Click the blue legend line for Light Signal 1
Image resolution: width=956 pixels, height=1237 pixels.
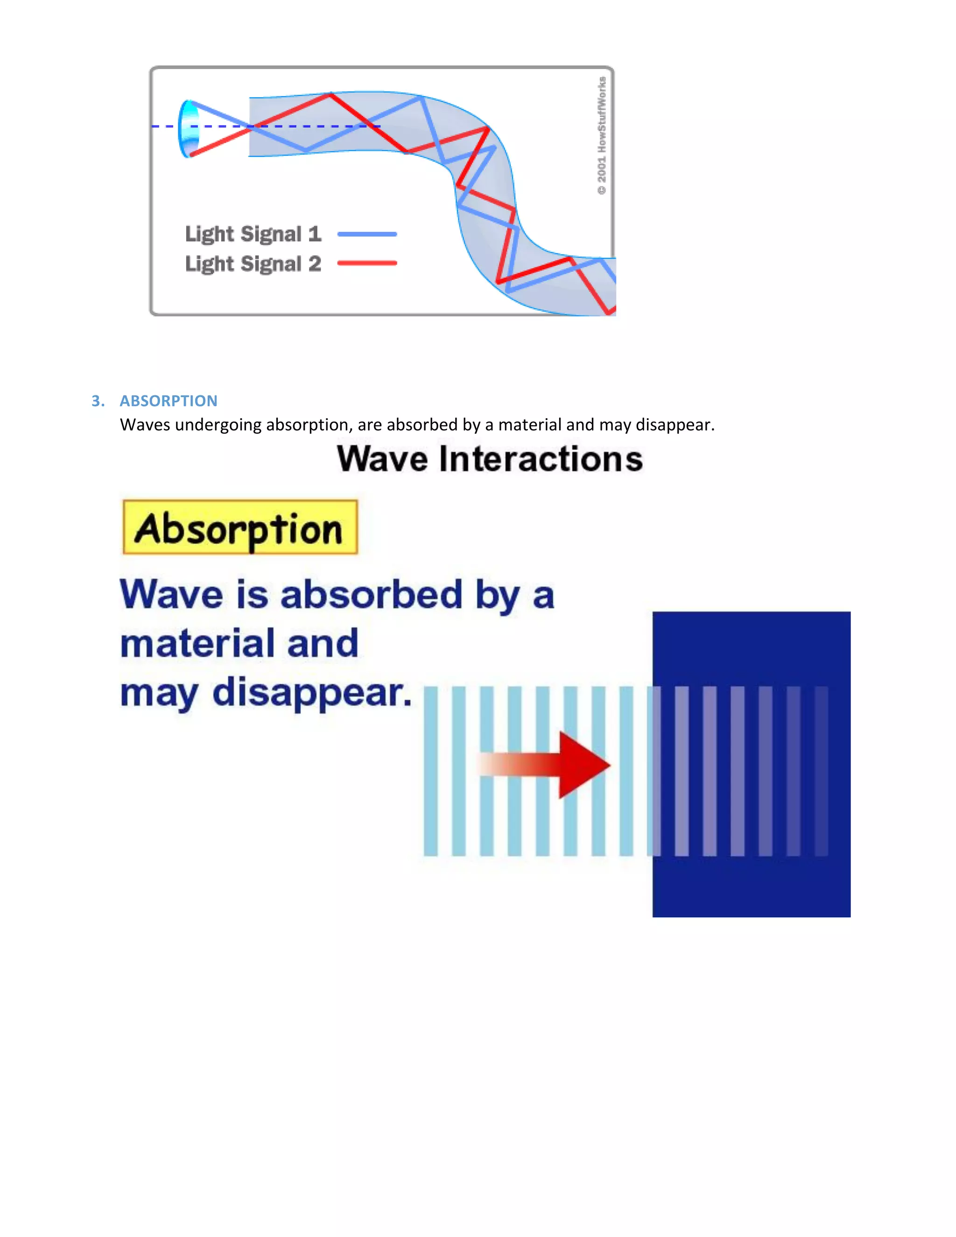click(x=367, y=234)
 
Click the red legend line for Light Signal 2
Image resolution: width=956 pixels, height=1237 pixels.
click(x=367, y=263)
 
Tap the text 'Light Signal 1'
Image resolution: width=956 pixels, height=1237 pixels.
click(x=253, y=234)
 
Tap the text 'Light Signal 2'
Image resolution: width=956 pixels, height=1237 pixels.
click(x=253, y=264)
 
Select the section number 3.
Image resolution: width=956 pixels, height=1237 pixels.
click(x=98, y=401)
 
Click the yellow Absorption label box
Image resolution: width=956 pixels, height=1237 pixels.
click(x=240, y=527)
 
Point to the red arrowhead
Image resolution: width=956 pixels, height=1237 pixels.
click(x=583, y=765)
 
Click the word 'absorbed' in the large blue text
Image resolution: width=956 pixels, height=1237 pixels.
click(x=372, y=595)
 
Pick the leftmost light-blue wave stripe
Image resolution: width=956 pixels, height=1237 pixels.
click(x=430, y=770)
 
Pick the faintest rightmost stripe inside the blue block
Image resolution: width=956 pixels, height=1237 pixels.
click(x=821, y=770)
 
